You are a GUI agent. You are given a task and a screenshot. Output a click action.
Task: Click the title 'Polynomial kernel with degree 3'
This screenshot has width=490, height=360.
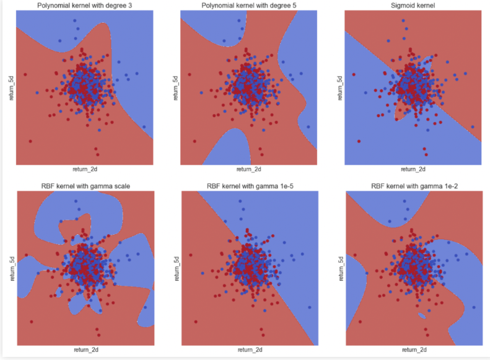pyautogui.click(x=85, y=6)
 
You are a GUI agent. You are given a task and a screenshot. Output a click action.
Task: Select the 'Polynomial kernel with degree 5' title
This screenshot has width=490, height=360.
pyautogui.click(x=249, y=6)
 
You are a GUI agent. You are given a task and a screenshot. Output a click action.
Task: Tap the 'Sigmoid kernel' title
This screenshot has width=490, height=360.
pyautogui.click(x=413, y=6)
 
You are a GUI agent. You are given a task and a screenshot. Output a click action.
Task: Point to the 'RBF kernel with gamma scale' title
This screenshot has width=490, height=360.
pyautogui.click(x=85, y=186)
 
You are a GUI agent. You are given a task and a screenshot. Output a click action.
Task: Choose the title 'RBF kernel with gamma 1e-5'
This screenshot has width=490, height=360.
pyautogui.click(x=249, y=186)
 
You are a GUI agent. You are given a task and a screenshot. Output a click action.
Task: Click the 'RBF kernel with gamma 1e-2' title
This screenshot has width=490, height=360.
pyautogui.click(x=413, y=186)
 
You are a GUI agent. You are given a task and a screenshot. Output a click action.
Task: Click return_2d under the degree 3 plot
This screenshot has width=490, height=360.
pyautogui.click(x=85, y=169)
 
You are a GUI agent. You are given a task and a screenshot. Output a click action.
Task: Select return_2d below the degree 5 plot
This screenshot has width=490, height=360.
pyautogui.click(x=249, y=169)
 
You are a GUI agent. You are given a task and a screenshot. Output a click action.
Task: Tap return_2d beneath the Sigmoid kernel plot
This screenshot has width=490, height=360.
pyautogui.click(x=413, y=169)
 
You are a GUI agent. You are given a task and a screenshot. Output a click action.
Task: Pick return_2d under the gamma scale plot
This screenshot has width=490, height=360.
pyautogui.click(x=85, y=350)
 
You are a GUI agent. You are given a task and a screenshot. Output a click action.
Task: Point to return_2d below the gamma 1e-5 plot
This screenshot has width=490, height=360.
pyautogui.click(x=249, y=350)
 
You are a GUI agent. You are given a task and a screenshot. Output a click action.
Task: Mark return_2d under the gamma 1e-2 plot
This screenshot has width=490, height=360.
pyautogui.click(x=413, y=350)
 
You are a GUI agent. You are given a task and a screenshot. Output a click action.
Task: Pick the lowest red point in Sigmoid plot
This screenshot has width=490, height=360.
pyautogui.click(x=424, y=154)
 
